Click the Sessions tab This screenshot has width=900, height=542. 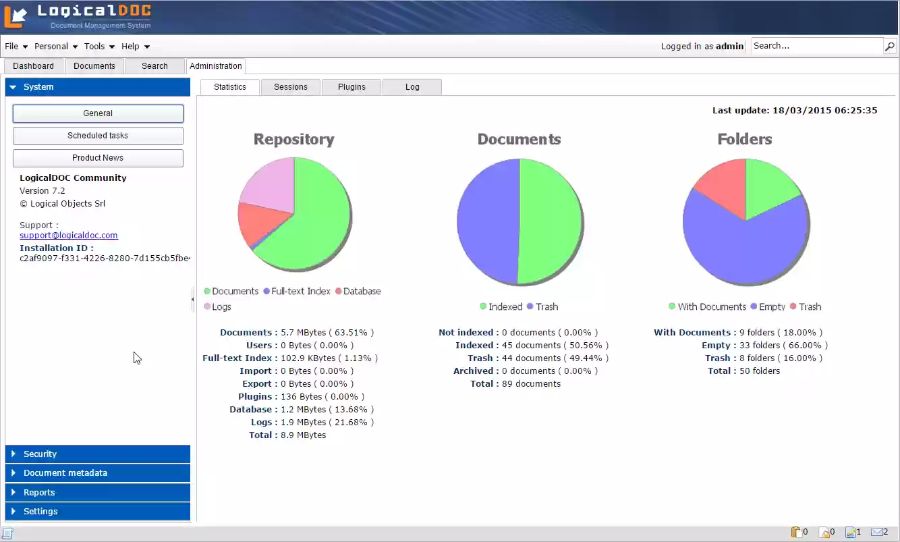(x=290, y=87)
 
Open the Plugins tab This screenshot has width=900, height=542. (x=351, y=87)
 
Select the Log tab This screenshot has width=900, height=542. (x=412, y=87)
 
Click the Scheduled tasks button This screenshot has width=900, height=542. (x=98, y=136)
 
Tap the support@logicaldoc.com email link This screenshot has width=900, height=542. (x=69, y=236)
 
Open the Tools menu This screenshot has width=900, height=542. (x=99, y=47)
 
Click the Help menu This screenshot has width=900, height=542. (x=135, y=47)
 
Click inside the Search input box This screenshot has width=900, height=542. (x=816, y=46)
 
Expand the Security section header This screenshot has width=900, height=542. (x=98, y=454)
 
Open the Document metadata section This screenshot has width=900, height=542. (x=98, y=473)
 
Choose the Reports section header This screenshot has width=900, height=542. (x=98, y=493)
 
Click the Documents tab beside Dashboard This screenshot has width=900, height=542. (x=94, y=66)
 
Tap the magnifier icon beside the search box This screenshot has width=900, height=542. (x=890, y=47)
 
